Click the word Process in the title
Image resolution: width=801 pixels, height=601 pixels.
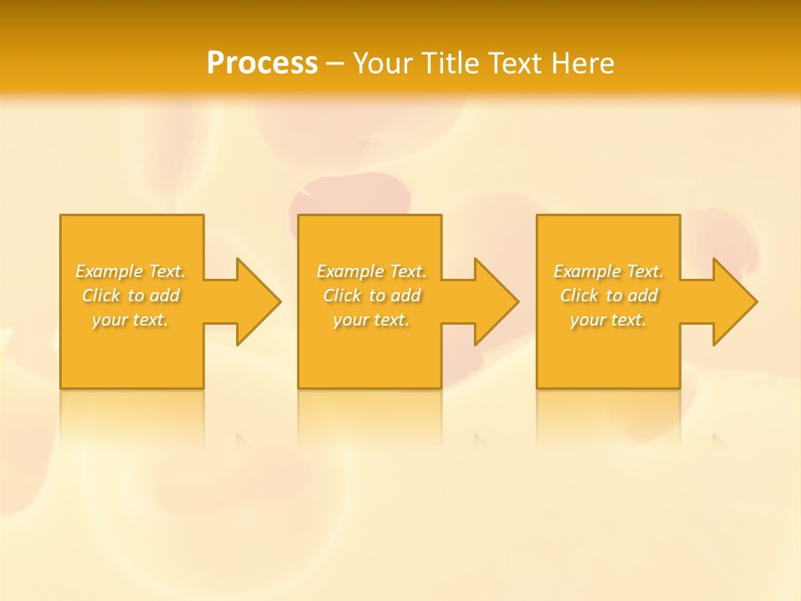tap(262, 63)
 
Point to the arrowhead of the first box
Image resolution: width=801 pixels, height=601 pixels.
tap(259, 301)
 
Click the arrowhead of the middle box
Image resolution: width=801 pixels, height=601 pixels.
tap(497, 301)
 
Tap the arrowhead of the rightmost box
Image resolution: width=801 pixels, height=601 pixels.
tap(735, 301)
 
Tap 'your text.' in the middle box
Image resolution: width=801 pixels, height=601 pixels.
tap(370, 320)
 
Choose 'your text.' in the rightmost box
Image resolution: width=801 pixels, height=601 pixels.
tap(607, 320)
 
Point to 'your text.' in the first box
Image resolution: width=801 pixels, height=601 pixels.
tap(130, 320)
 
